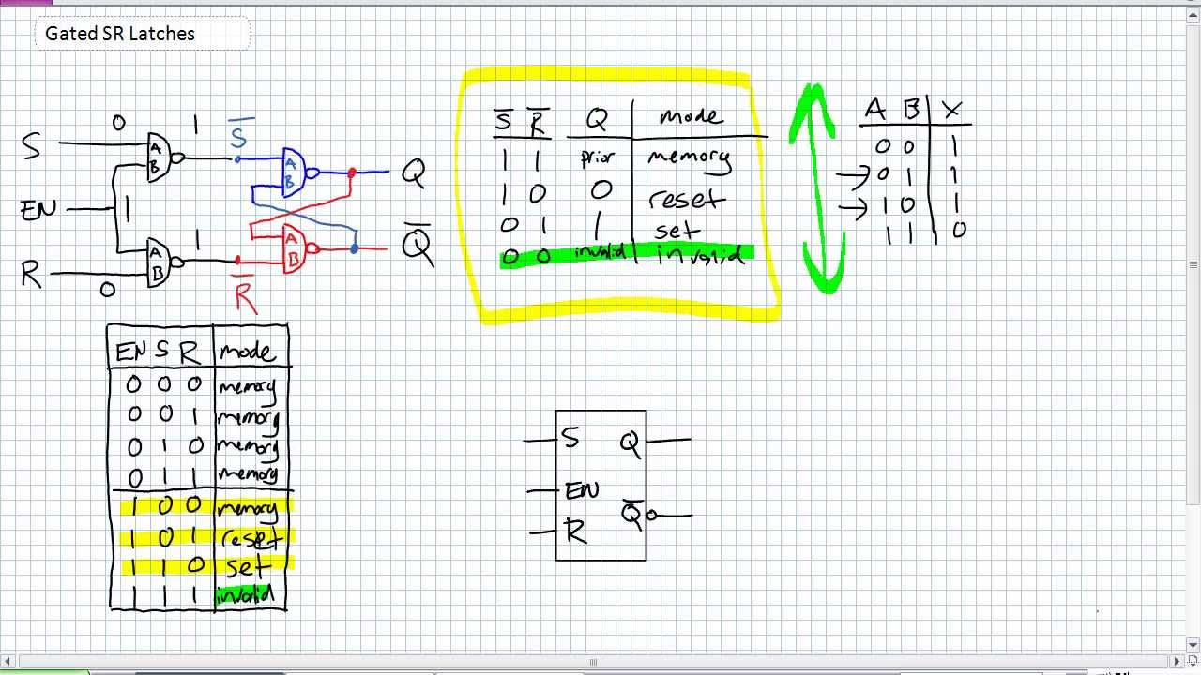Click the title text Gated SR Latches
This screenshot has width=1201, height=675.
coord(120,34)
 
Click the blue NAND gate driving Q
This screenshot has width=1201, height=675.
coord(294,172)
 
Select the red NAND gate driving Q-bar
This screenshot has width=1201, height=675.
coord(295,248)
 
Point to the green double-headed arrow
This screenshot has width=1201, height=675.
coord(818,187)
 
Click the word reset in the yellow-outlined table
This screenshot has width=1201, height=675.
coord(686,200)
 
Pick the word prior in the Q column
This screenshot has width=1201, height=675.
coord(597,157)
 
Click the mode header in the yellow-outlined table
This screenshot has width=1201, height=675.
coord(691,116)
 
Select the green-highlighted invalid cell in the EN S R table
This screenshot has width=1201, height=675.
coord(245,594)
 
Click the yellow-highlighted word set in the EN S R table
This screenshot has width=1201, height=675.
coord(248,566)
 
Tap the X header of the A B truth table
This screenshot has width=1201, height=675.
coord(951,111)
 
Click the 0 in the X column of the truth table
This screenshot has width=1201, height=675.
coord(957,230)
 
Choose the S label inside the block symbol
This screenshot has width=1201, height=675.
coord(570,437)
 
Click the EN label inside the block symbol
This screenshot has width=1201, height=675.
coord(581,490)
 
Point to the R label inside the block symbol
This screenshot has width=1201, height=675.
coord(575,532)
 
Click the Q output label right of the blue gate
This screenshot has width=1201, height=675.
coord(413,172)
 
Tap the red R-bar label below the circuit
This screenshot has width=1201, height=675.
coord(245,295)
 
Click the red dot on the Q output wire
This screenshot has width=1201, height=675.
coord(352,172)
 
